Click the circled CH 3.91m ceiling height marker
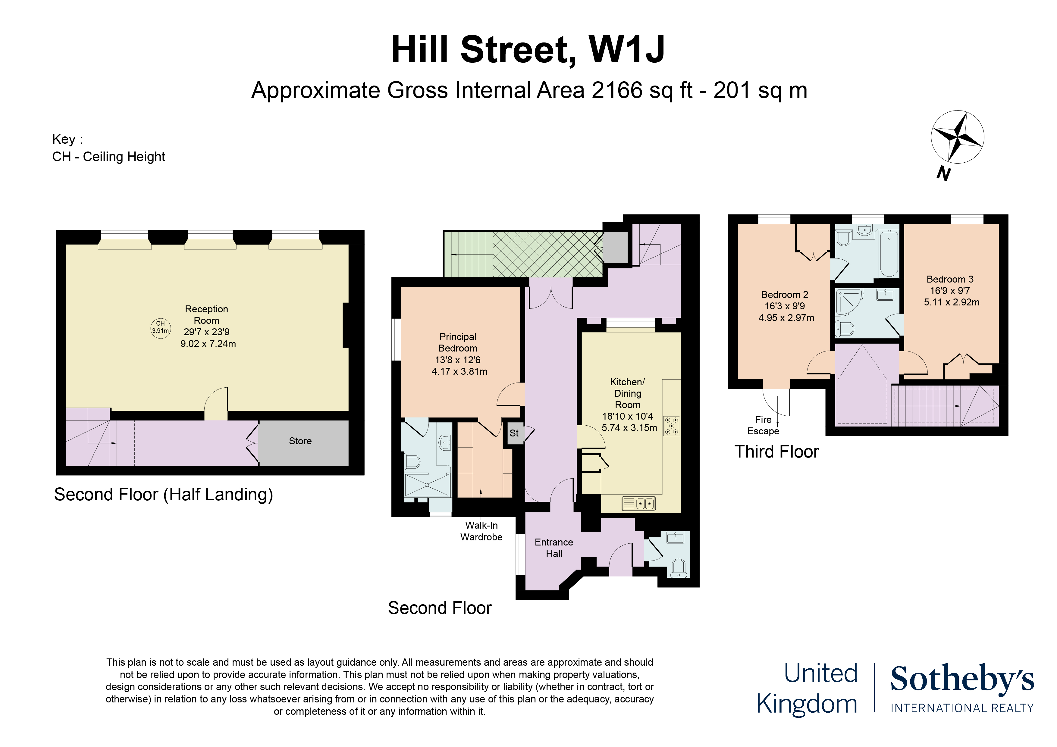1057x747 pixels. (161, 328)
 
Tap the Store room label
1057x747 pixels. (300, 441)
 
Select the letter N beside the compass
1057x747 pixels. (943, 173)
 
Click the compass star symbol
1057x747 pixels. (958, 137)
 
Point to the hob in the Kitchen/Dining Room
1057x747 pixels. (672, 426)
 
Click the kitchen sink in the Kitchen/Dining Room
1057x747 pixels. (638, 504)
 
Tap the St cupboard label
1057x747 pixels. (514, 433)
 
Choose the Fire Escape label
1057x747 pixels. (763, 425)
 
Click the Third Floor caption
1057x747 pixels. (777, 452)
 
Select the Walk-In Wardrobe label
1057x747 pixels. (481, 531)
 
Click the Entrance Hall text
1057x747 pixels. (554, 548)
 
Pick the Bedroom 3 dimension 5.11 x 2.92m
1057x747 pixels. (952, 302)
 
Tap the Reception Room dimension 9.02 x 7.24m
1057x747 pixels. (208, 344)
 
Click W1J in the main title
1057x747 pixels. (626, 50)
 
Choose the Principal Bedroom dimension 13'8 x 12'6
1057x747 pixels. (458, 360)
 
